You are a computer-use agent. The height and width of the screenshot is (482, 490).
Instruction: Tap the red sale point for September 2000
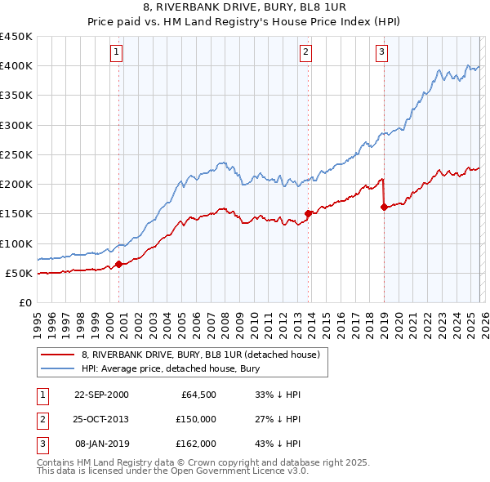click(x=119, y=264)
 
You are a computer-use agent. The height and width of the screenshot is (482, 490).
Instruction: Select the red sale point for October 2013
click(x=308, y=214)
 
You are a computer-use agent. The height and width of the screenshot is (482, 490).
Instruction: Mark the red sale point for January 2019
click(x=384, y=208)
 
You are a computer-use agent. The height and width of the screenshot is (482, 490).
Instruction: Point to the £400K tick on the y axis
click(x=16, y=66)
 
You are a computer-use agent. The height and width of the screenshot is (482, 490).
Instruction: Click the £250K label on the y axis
click(x=16, y=154)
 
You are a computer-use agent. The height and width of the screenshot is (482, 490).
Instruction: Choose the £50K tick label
click(x=20, y=273)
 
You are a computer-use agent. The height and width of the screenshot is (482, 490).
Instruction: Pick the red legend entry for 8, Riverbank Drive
click(x=204, y=355)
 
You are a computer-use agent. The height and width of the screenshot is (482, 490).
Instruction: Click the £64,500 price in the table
click(x=198, y=395)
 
